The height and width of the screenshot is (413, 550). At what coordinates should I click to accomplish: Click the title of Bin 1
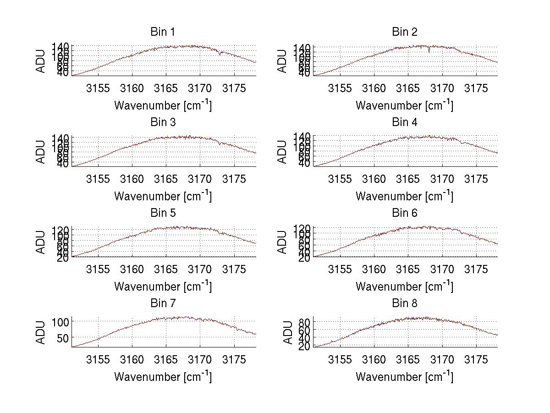(163, 32)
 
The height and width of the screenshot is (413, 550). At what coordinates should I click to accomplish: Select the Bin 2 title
(405, 32)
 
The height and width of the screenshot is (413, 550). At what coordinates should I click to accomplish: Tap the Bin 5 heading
(163, 213)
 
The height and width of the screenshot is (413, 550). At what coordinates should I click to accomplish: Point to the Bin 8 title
(405, 303)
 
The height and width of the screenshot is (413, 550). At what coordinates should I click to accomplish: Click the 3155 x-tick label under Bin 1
(98, 88)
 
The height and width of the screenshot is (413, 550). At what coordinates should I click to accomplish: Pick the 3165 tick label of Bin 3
(166, 179)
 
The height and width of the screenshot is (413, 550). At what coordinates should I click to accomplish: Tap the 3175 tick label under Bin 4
(476, 179)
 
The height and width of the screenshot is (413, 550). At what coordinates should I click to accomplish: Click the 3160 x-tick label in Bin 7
(132, 359)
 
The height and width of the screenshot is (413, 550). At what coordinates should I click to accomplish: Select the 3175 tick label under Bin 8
(476, 359)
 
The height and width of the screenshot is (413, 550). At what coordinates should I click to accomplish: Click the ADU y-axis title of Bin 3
(41, 151)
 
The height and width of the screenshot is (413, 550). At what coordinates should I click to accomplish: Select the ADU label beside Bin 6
(283, 242)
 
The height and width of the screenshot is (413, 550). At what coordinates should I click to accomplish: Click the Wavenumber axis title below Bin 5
(163, 286)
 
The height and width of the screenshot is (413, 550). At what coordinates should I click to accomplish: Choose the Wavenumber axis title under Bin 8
(405, 377)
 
